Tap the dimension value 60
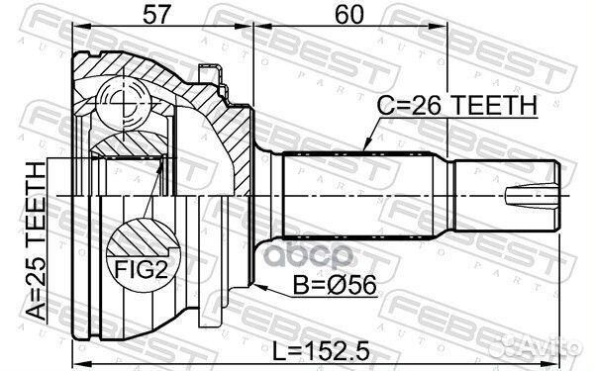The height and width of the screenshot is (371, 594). (x=349, y=15)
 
